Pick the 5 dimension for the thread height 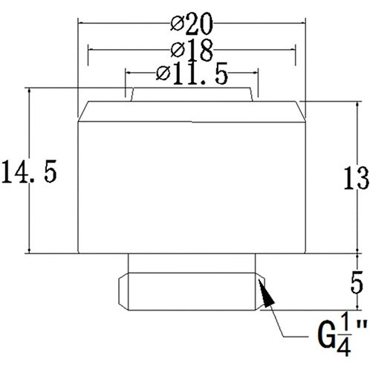(x=357, y=283)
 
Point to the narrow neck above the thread (x=192, y=263)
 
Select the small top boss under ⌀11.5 (x=192, y=94)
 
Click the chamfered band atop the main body (x=192, y=111)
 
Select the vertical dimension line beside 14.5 (x=28, y=223)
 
